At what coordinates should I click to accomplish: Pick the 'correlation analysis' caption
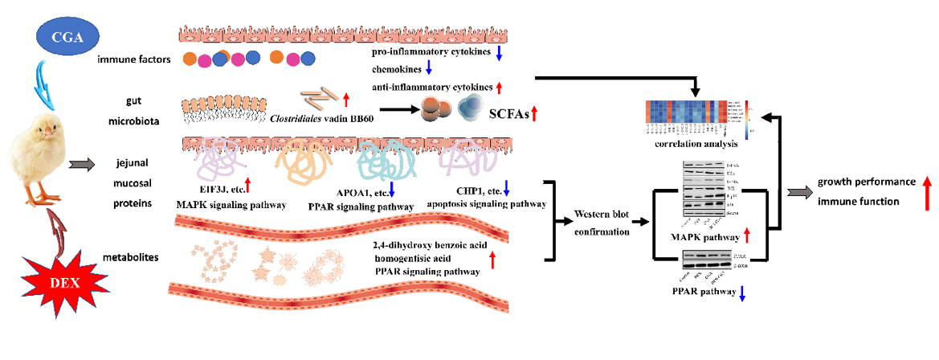coord(696,144)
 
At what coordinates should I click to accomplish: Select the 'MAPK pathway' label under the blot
coord(707,237)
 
